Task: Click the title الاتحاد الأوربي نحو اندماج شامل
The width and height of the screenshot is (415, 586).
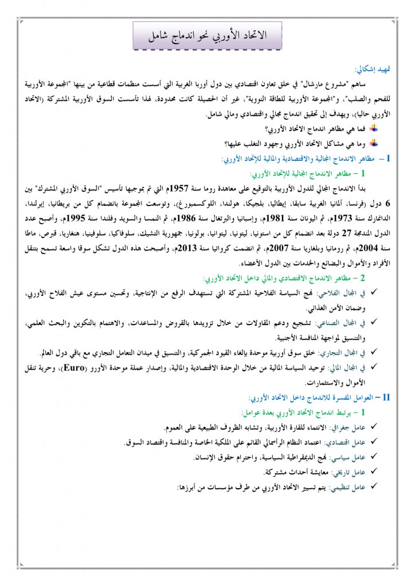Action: [x=207, y=34]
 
